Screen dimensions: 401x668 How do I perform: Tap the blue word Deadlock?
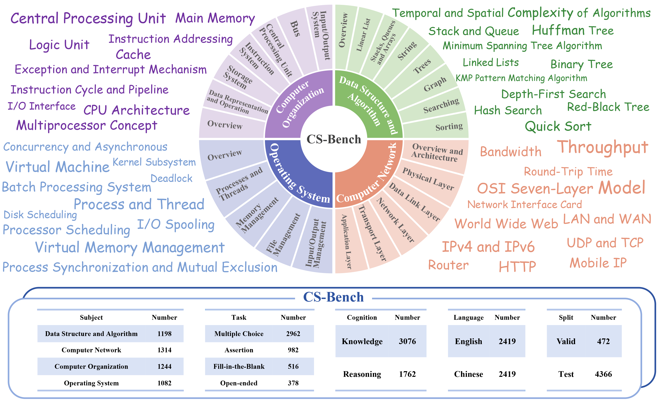pyautogui.click(x=171, y=178)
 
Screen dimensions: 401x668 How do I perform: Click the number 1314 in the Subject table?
pyautogui.click(x=164, y=350)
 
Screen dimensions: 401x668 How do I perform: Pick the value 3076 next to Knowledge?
pyautogui.click(x=407, y=341)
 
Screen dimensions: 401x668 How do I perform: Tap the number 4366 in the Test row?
pyautogui.click(x=603, y=374)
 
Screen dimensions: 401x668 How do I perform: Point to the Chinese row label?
pyautogui.click(x=468, y=374)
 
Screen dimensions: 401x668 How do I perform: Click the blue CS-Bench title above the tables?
pyautogui.click(x=333, y=297)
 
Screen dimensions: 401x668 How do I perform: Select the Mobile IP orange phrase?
pyautogui.click(x=598, y=263)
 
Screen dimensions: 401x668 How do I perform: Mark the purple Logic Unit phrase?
pyautogui.click(x=59, y=45)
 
